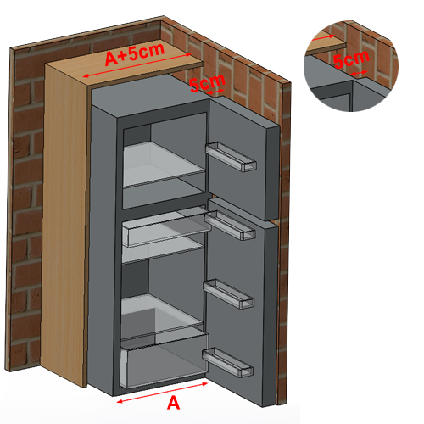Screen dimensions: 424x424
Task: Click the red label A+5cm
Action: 135,54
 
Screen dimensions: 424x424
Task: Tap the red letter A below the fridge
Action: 173,403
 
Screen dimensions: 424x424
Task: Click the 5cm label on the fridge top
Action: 208,83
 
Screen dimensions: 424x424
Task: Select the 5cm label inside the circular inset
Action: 351,59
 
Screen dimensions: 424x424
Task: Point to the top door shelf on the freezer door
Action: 232,156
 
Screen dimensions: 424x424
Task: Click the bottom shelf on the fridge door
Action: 227,362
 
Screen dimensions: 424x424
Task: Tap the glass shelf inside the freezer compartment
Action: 164,165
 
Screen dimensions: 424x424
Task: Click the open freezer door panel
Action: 243,159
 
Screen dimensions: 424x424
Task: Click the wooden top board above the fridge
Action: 125,64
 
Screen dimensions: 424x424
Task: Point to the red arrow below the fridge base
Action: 162,393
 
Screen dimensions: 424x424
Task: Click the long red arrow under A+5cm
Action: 137,65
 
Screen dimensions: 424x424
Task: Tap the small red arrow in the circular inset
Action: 359,73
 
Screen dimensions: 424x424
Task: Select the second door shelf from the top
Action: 230,226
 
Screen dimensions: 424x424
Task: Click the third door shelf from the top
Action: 229,293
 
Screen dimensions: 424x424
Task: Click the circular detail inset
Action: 351,66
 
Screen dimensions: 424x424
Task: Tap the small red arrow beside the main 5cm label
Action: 215,92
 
